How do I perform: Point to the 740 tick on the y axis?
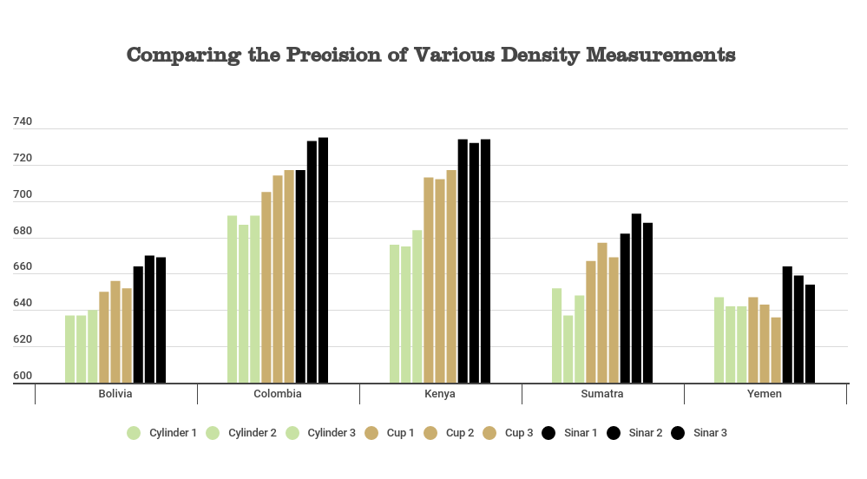point(22,122)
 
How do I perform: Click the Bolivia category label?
point(115,394)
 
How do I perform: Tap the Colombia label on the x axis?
point(278,394)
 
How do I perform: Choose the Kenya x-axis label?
point(440,394)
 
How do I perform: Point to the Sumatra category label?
point(602,394)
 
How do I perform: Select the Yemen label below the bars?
point(765,394)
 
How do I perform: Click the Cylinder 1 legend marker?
point(134,433)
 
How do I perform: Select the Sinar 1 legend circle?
point(548,433)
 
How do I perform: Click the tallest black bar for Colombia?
point(323,260)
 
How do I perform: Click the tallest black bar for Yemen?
point(787,325)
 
